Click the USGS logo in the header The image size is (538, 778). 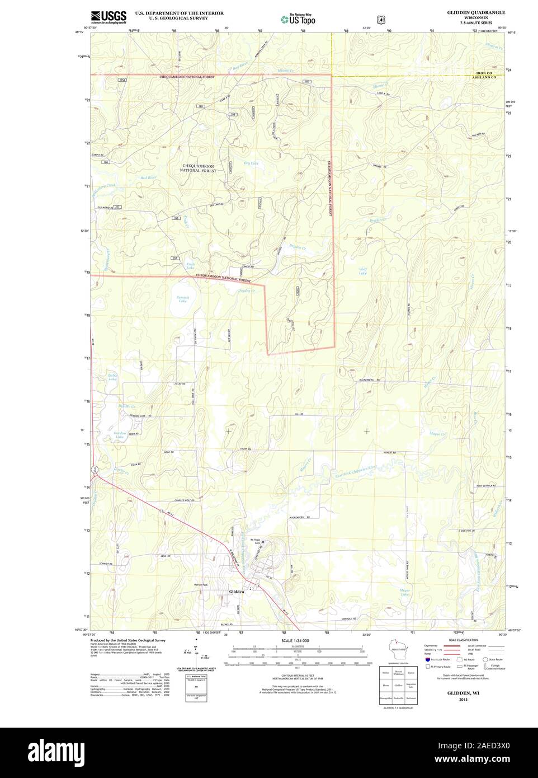coord(108,16)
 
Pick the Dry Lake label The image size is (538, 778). coord(251,163)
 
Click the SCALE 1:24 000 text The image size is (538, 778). coord(295,640)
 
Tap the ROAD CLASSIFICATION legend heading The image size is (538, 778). coord(464,639)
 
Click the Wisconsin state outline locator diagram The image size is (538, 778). coord(399,653)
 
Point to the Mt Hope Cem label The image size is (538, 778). coord(255,541)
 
